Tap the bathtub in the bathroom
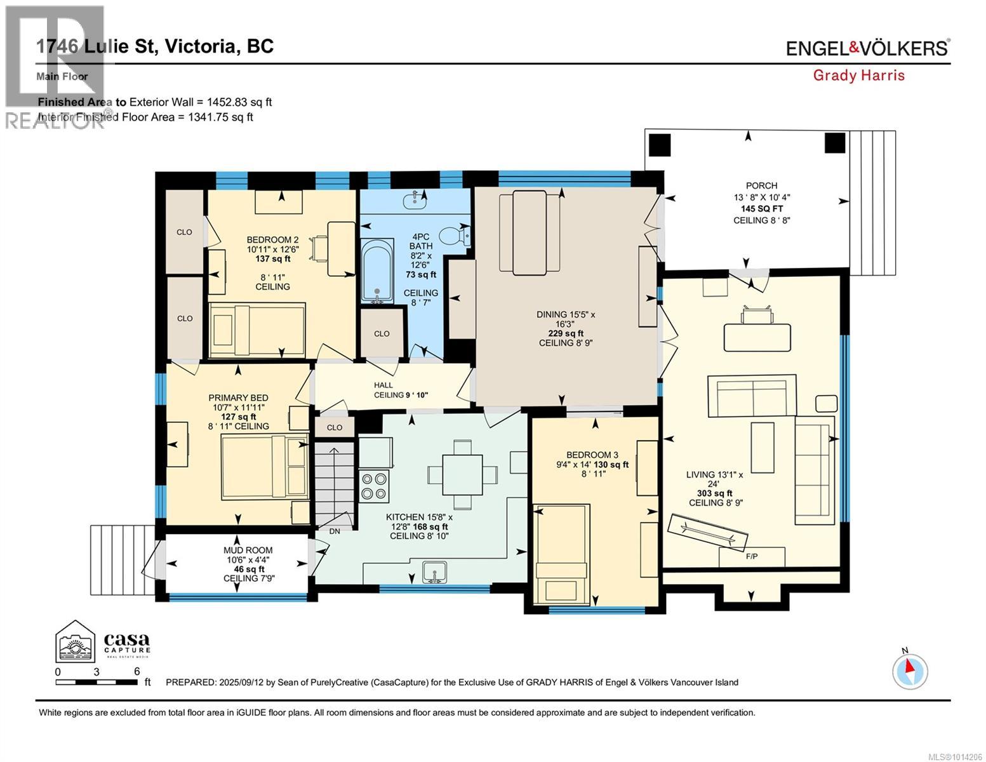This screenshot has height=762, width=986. click(377, 271)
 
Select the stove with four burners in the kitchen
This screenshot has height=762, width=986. click(375, 486)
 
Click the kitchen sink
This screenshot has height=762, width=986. click(435, 572)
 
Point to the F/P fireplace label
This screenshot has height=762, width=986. click(752, 556)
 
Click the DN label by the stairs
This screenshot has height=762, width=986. click(335, 531)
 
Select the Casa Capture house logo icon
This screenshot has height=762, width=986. click(76, 640)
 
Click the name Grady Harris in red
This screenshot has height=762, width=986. click(858, 76)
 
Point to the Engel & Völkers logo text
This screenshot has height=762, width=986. click(868, 47)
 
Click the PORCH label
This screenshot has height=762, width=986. click(761, 185)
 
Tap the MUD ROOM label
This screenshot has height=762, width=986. click(248, 550)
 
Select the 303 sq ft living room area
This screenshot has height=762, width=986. click(715, 493)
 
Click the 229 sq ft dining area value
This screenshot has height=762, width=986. click(565, 333)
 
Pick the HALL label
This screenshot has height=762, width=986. click(383, 385)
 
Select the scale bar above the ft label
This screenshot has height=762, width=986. click(97, 682)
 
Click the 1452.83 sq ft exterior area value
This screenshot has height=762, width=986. click(239, 102)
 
